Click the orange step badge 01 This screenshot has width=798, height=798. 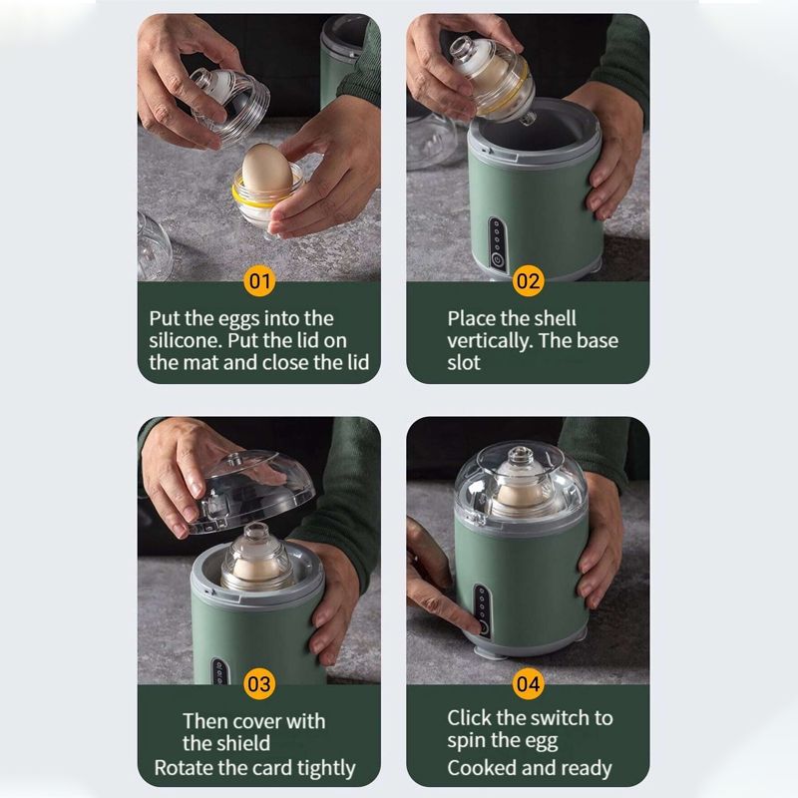pyautogui.click(x=259, y=281)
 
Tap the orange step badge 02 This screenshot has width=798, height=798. pyautogui.click(x=528, y=281)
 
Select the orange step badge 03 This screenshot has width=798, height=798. pyautogui.click(x=259, y=683)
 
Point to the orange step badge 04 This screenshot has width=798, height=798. pyautogui.click(x=528, y=683)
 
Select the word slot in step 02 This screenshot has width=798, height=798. pyautogui.click(x=463, y=362)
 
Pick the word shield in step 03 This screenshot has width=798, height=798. pyautogui.click(x=241, y=743)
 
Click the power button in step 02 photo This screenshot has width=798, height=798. pyautogui.click(x=497, y=260)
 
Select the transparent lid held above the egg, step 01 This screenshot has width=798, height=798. pyautogui.click(x=229, y=106)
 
